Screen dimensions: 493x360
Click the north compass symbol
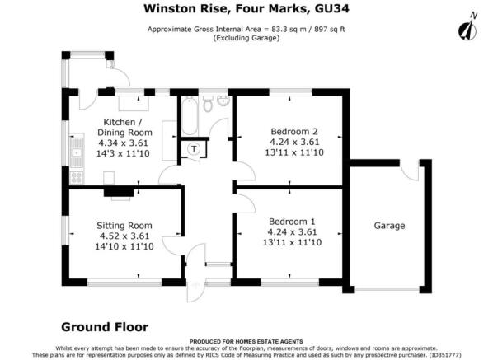coord(467,27)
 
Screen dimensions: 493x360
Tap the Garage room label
coord(389,226)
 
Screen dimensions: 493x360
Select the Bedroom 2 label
coord(294,131)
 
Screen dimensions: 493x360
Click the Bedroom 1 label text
coord(292,222)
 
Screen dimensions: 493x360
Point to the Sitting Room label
coord(124,226)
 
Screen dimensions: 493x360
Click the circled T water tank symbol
coord(194,149)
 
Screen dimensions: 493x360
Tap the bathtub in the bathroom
coord(190,116)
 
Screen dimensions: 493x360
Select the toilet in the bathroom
coord(208,104)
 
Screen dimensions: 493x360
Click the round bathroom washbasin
coord(223,101)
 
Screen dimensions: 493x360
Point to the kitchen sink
coord(77,152)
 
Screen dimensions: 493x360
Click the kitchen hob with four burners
coord(77,177)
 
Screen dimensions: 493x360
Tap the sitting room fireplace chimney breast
coord(119,192)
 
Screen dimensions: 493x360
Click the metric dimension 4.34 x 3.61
coord(124,143)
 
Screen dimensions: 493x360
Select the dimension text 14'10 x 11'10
coord(124,246)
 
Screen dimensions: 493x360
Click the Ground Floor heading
coord(105,327)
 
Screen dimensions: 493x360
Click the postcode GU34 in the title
coord(331,8)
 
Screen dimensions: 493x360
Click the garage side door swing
coord(410,171)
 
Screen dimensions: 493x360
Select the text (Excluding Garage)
coord(246,39)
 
